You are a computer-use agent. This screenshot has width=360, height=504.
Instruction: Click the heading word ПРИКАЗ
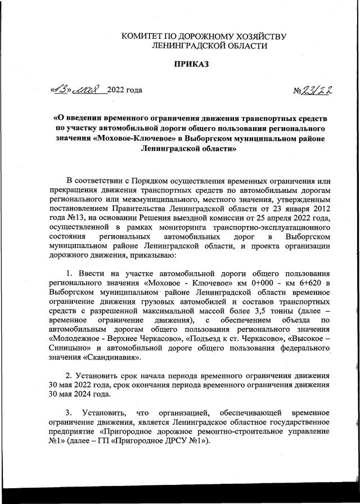(191, 65)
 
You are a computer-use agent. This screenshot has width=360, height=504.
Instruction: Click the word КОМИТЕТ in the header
(146, 37)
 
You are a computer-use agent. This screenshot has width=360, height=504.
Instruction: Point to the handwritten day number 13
(60, 89)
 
